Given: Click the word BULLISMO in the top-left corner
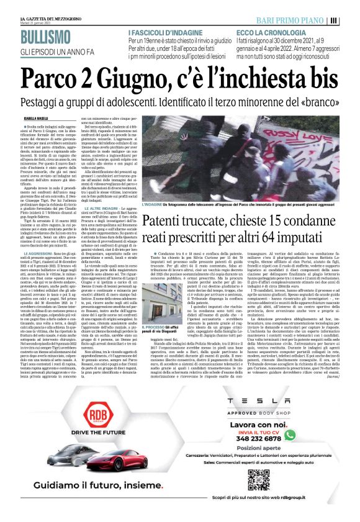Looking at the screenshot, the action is point(33,38).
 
